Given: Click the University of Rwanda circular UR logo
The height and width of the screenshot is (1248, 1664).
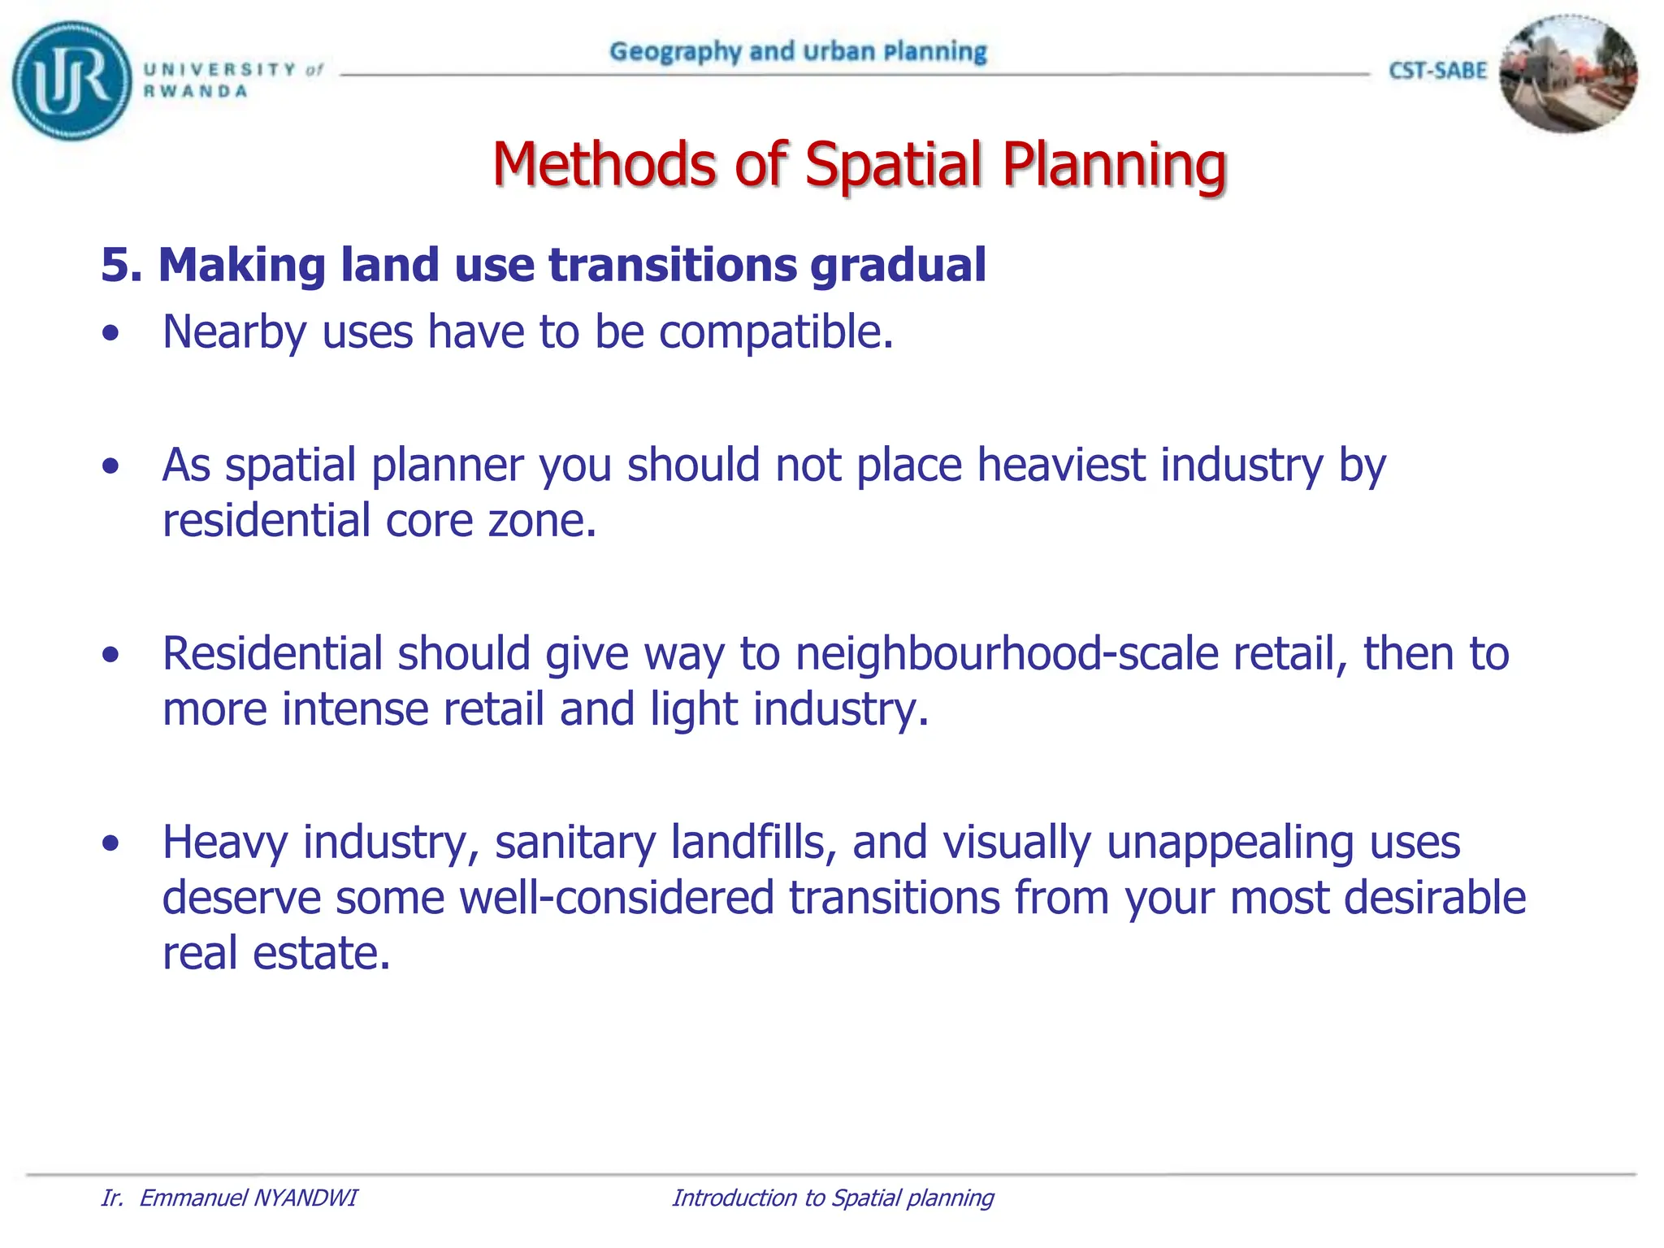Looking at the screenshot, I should click(x=71, y=80).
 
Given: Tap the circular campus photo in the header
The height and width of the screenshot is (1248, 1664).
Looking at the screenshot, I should click(x=1568, y=74).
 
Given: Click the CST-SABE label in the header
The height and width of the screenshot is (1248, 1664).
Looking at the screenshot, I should click(x=1437, y=71).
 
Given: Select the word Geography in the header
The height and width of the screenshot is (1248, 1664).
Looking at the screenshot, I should click(x=675, y=52).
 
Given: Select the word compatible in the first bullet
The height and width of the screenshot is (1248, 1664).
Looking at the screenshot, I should click(x=775, y=332).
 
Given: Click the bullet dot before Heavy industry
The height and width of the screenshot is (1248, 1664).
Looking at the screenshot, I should click(x=111, y=843).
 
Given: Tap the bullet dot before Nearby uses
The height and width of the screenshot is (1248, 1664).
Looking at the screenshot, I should click(x=111, y=333).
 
